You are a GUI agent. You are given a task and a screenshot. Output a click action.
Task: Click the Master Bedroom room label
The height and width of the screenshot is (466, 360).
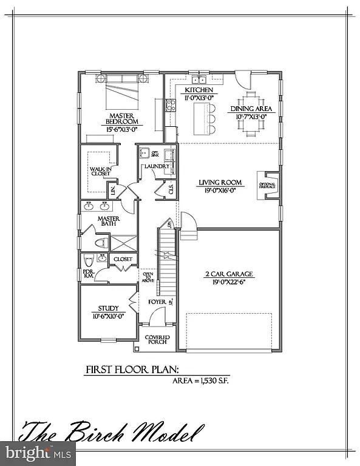click(x=121, y=118)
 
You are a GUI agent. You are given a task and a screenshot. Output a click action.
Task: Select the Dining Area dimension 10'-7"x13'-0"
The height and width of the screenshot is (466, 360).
click(x=251, y=116)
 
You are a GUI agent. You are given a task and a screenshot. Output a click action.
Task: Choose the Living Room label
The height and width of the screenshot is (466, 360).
click(x=220, y=182)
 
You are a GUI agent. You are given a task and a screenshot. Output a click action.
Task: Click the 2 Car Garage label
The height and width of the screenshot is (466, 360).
click(x=228, y=274)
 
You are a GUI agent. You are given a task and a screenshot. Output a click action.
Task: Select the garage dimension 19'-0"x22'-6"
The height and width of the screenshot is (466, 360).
click(x=228, y=282)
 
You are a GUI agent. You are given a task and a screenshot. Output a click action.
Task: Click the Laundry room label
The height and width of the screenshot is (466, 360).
click(x=156, y=166)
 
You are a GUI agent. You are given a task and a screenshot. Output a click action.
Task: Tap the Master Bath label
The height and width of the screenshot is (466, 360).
click(x=109, y=222)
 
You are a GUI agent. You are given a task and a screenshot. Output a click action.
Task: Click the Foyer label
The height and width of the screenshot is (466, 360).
click(x=156, y=302)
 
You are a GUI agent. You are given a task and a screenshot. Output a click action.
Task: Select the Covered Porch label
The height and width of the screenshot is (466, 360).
click(x=157, y=340)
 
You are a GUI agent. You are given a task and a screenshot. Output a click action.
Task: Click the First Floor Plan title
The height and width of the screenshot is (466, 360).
click(x=132, y=370)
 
